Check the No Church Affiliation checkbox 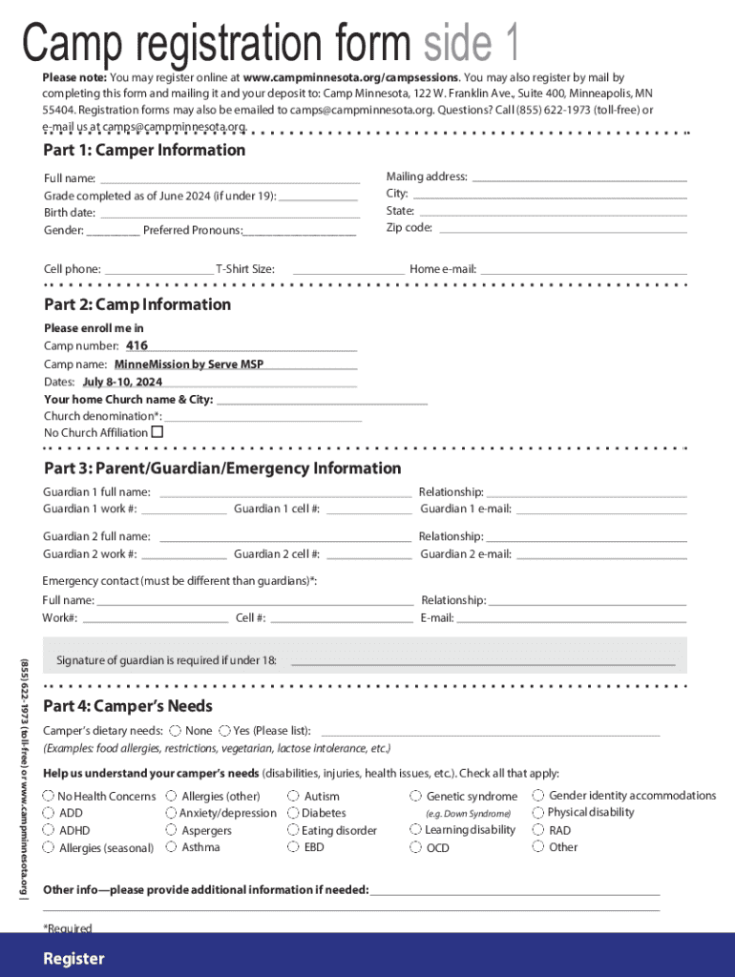click(x=157, y=432)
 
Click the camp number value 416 click(x=137, y=345)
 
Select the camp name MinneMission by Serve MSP click(x=189, y=364)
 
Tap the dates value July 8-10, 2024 click(x=122, y=382)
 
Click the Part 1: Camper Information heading click(x=144, y=151)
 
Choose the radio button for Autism click(x=293, y=796)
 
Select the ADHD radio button click(x=48, y=830)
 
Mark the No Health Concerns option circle click(x=48, y=796)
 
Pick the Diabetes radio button click(x=293, y=813)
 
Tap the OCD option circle click(x=416, y=847)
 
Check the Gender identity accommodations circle click(x=538, y=795)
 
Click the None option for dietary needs click(x=176, y=731)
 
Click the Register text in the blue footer click(x=73, y=959)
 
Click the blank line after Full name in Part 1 click(x=229, y=178)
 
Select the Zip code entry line click(x=562, y=228)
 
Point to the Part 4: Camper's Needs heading click(x=128, y=707)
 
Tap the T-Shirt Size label click(x=245, y=270)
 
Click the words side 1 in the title click(x=472, y=43)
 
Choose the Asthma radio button click(x=171, y=847)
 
